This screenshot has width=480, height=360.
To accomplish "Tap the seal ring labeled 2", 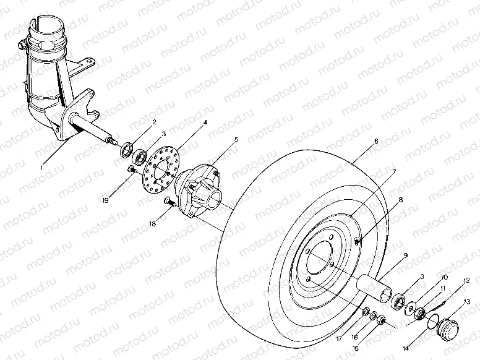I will coord(127,147).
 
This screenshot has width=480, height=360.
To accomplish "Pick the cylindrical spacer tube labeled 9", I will coord(375,285).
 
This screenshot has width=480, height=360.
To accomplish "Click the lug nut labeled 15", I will coord(383,320).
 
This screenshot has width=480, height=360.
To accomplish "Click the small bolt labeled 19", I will coord(132,169).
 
